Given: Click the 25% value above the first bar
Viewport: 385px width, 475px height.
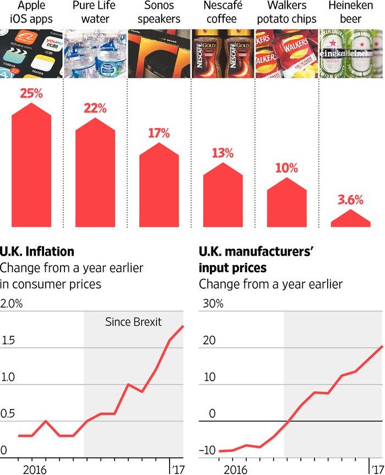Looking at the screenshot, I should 31,93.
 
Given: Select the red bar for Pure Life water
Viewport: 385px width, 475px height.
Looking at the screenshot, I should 95,176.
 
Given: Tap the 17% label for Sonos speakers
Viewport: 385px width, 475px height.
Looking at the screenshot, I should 159,133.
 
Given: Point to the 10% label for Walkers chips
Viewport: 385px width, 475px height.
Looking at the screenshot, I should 286,168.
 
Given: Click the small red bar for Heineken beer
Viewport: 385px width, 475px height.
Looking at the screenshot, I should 351,219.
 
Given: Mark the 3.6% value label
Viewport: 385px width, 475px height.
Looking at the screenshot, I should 351,200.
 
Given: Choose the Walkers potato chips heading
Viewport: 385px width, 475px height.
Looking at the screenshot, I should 287,13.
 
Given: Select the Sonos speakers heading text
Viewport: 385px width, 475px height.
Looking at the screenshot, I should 159,13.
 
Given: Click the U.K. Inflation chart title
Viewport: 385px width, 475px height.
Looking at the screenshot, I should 37,252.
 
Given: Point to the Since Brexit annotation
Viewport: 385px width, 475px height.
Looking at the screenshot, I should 133,322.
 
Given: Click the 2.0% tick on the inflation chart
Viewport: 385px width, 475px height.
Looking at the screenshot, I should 12,304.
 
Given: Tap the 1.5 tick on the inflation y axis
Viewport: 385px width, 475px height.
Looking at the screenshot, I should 8,341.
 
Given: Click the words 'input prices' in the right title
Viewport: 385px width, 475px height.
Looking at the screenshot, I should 232,268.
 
